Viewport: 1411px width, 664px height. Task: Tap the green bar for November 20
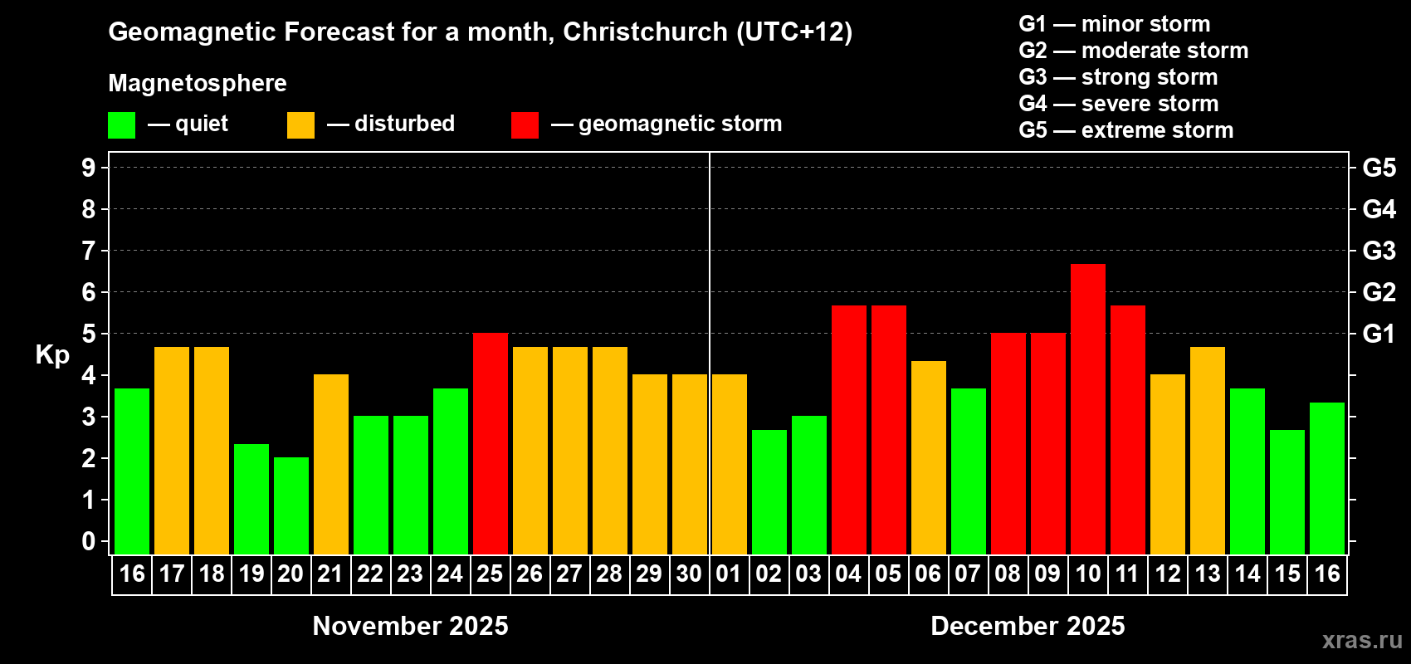click(x=291, y=505)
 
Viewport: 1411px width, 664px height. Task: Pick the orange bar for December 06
click(x=929, y=457)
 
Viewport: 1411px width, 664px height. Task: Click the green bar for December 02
click(x=769, y=491)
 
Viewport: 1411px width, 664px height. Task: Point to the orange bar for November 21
click(x=331, y=464)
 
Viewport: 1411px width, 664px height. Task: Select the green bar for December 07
click(x=969, y=471)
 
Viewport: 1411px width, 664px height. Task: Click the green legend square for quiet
click(x=122, y=125)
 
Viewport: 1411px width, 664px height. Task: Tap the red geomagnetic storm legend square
click(x=525, y=125)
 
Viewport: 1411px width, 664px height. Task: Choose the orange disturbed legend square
click(x=300, y=125)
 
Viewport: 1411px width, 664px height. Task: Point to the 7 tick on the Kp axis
click(x=89, y=251)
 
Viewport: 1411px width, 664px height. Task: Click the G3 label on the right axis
click(x=1379, y=251)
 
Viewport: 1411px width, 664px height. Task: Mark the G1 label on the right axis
click(x=1379, y=334)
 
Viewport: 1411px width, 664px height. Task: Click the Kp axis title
click(x=52, y=354)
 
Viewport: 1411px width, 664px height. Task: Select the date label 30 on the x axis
click(x=689, y=574)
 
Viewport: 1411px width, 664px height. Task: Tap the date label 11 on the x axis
click(x=1127, y=574)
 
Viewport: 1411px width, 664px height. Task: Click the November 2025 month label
click(x=410, y=626)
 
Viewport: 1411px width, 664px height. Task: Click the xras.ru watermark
click(x=1362, y=640)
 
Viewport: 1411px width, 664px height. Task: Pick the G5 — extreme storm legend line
click(x=1125, y=130)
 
